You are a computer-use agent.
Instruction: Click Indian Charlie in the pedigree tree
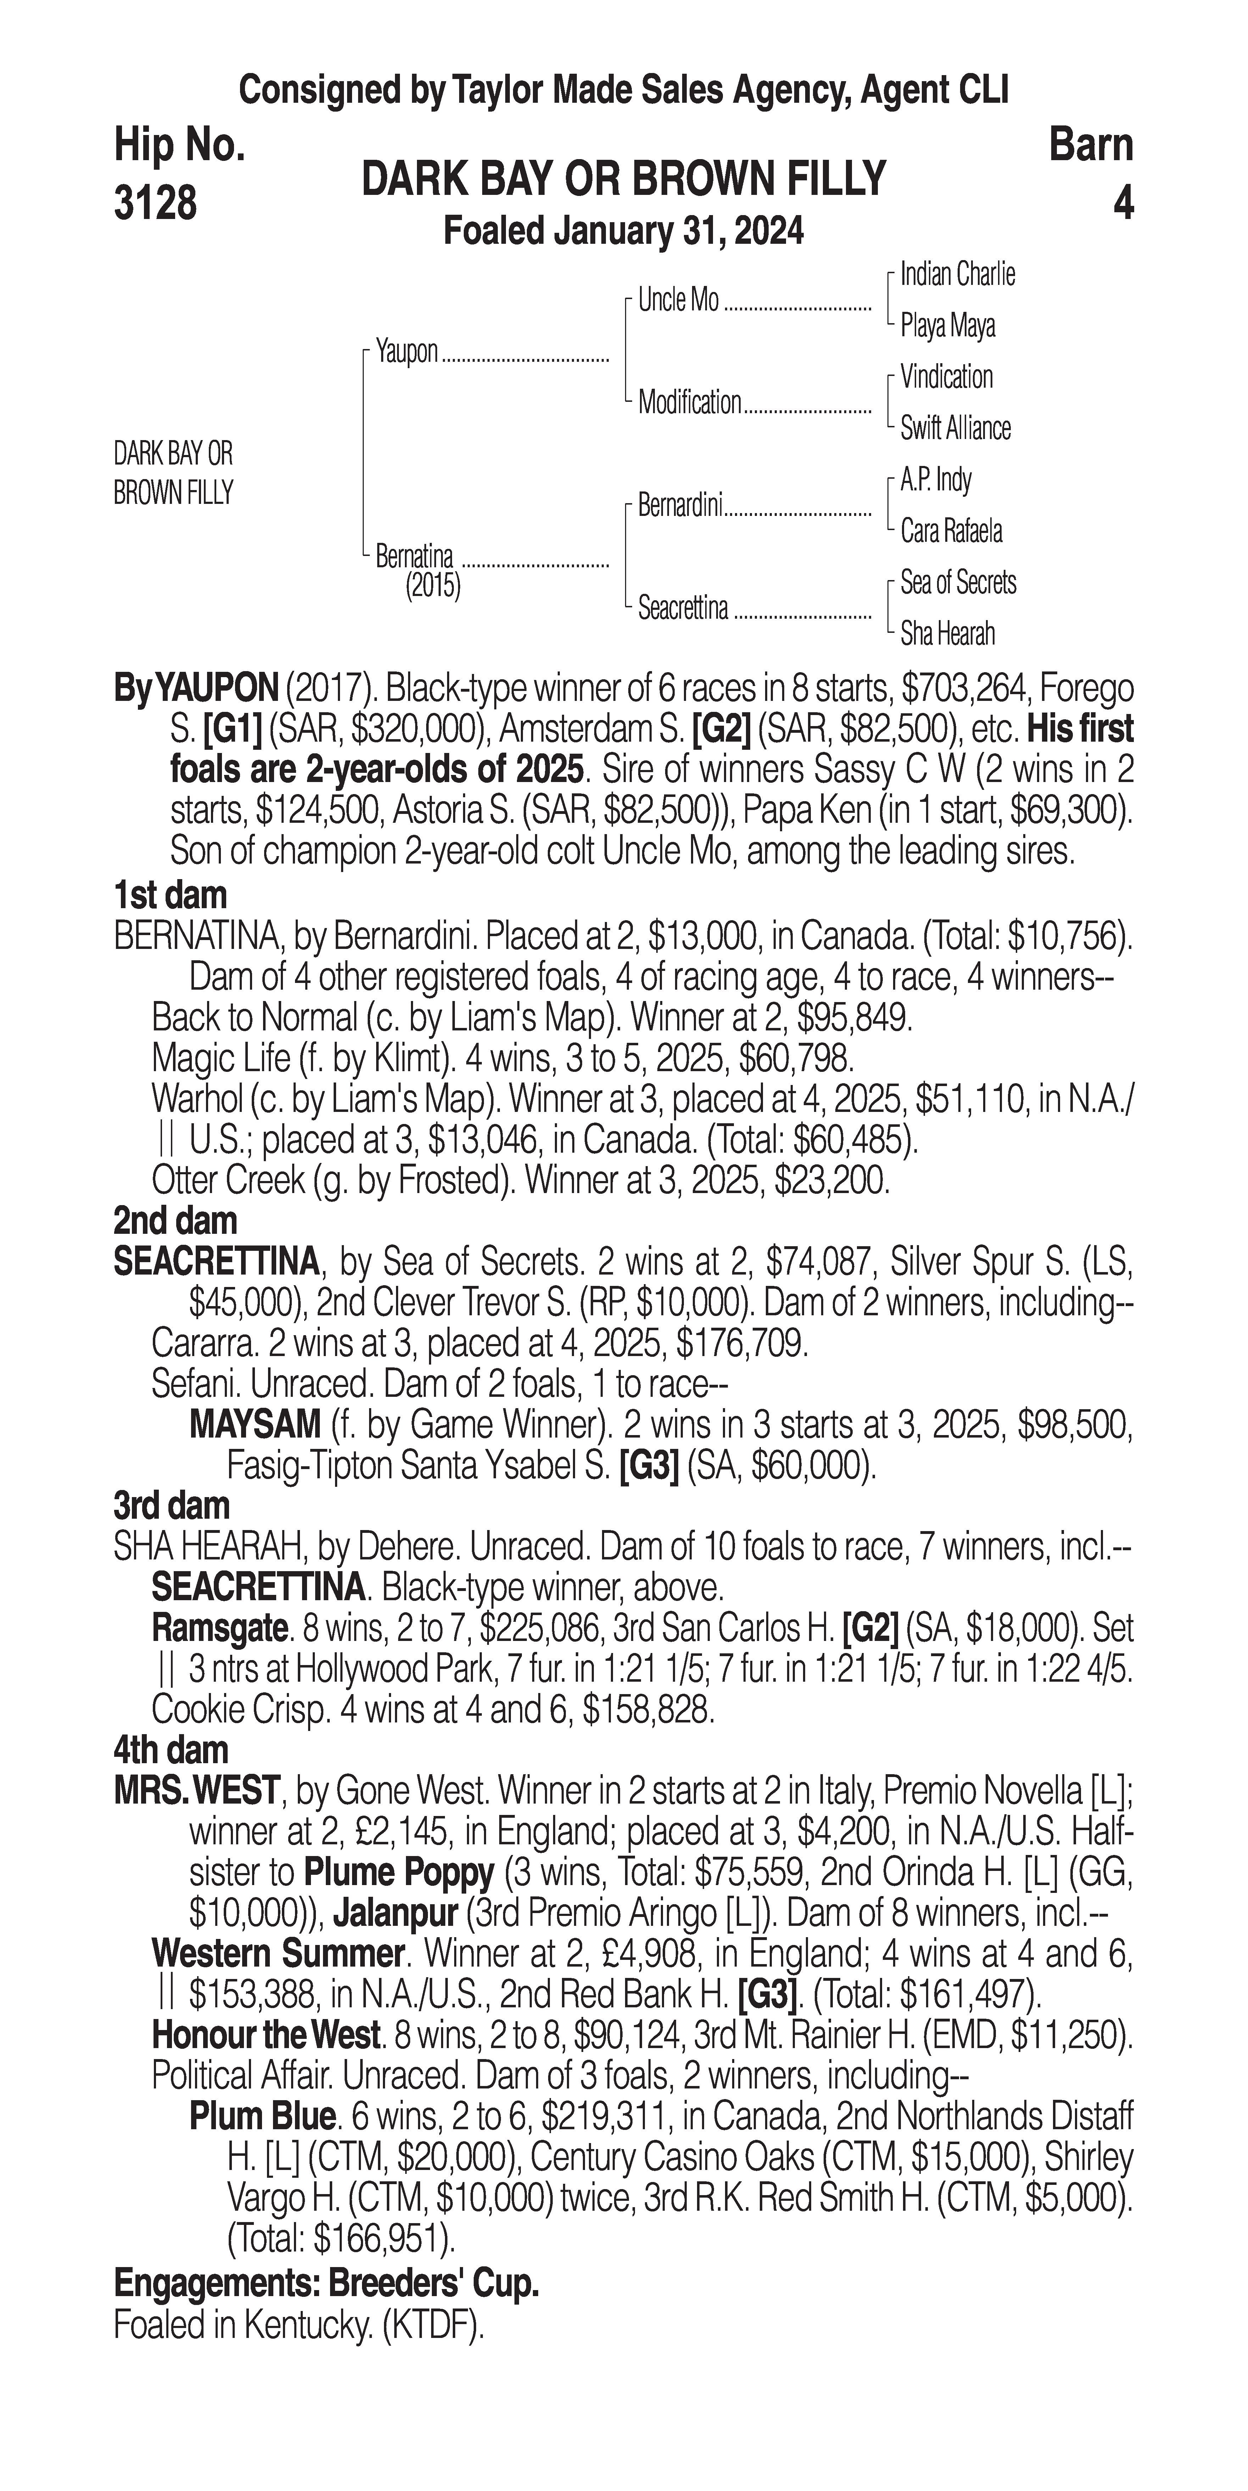[x=957, y=275]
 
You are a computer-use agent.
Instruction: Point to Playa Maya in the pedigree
[x=947, y=326]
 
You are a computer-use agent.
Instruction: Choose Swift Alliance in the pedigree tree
[x=955, y=428]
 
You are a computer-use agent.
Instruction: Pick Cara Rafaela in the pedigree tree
[x=951, y=531]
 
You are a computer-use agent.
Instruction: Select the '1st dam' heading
[x=170, y=895]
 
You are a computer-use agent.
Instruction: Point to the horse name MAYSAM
[x=255, y=1424]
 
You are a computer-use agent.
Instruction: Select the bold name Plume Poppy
[x=399, y=1873]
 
